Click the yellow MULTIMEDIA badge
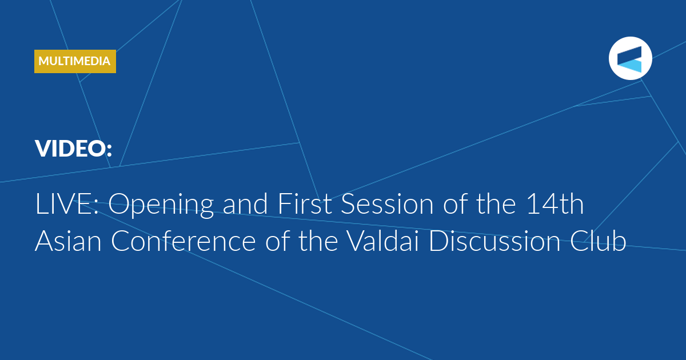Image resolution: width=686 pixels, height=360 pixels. pos(75,61)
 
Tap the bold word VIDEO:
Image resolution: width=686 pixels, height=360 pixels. pos(74,149)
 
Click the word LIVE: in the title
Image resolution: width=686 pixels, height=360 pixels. pos(67,204)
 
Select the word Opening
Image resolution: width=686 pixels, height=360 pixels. pos(161,205)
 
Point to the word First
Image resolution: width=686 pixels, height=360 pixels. pos(305,203)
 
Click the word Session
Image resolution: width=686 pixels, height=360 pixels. pos(388,204)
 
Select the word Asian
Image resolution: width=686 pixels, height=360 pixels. pos(68,241)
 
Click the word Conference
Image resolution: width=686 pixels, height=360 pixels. pos(184,241)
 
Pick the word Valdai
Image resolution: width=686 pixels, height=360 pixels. pos(383,241)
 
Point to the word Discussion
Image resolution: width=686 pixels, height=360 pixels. pos(494,241)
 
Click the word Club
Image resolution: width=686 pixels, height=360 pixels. pos(598,241)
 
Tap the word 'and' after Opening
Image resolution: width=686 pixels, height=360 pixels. pos(245,204)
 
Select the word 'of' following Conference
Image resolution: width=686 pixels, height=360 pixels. pos(277,241)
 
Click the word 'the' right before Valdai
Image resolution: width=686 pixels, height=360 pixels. pos(318,241)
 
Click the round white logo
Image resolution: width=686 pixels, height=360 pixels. pos(630,58)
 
